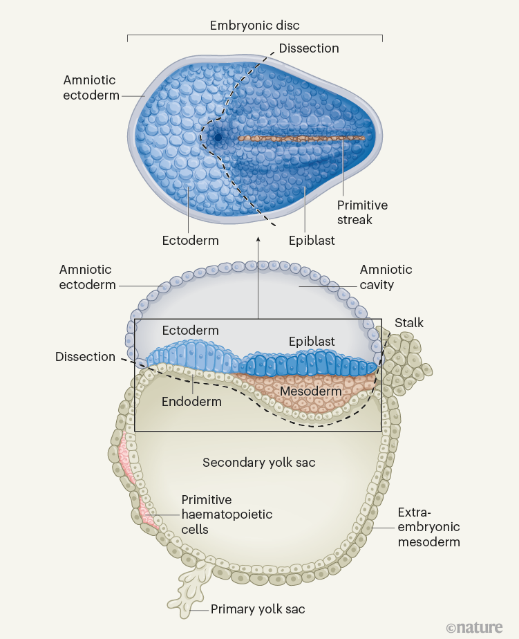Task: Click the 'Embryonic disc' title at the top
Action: tap(254, 26)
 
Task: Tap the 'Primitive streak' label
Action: tap(362, 212)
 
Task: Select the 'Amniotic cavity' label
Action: tap(386, 277)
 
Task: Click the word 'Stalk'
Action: tap(409, 323)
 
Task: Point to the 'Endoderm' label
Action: tap(191, 401)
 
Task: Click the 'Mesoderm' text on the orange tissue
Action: tap(310, 391)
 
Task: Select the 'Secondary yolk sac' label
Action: tap(258, 462)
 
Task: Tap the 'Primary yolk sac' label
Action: tap(257, 609)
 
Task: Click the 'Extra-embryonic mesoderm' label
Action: tap(428, 527)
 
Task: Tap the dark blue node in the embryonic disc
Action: tap(218, 138)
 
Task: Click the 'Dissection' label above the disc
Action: tap(309, 48)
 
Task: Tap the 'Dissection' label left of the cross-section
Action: tap(85, 357)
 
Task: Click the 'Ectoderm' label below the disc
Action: tap(190, 241)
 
